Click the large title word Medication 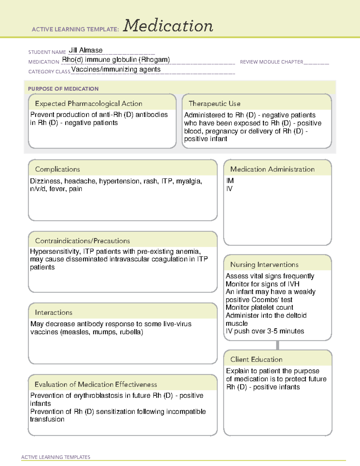point(168,26)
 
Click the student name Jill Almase point(85,50)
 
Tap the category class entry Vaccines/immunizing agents point(116,70)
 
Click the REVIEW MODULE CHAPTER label point(271,62)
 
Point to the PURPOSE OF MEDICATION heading point(63,89)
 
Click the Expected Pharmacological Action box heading point(88,104)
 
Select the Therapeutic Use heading point(214,104)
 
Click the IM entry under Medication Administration point(230,181)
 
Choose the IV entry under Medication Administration point(229,189)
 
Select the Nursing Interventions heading point(264,265)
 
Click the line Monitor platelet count point(259,308)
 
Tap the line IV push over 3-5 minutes point(265,331)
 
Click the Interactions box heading point(53,313)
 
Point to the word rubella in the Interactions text point(131,332)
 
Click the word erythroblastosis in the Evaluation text point(102,396)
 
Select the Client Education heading point(256,359)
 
